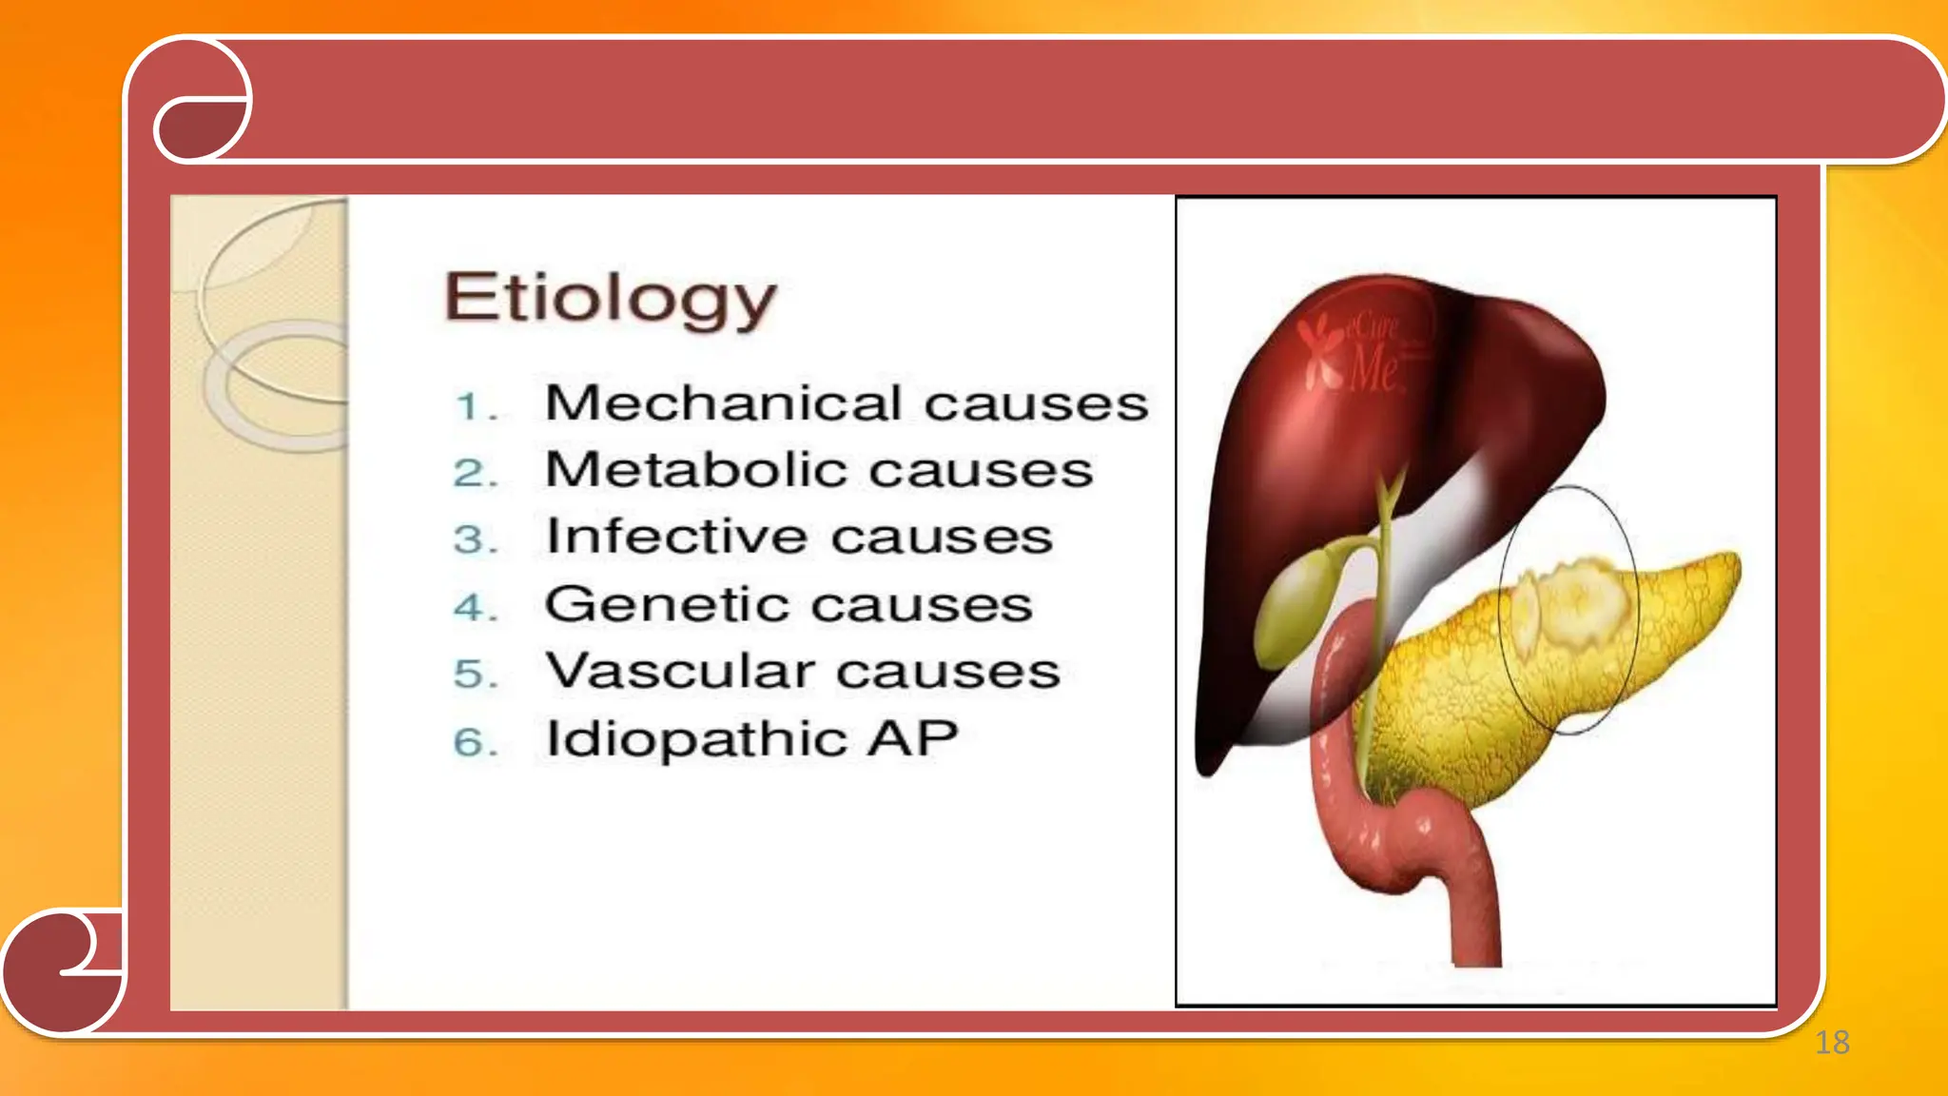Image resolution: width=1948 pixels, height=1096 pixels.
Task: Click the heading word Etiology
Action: (610, 299)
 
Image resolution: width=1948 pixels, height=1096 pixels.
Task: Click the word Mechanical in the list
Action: (723, 403)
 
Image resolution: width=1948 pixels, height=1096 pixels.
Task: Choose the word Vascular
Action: (680, 671)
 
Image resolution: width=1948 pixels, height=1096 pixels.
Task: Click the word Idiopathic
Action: (695, 739)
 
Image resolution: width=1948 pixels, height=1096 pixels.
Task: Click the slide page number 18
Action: (1832, 1043)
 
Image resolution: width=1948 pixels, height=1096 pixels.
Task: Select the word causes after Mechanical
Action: (1036, 404)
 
